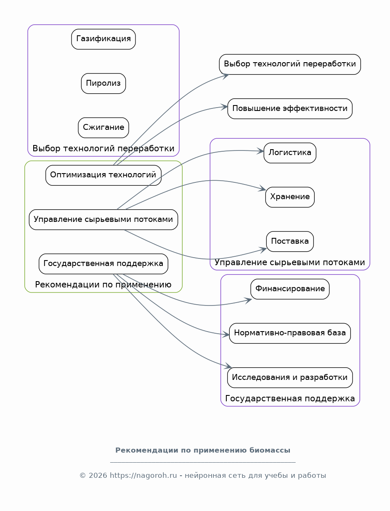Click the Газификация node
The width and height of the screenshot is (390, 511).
pyautogui.click(x=103, y=39)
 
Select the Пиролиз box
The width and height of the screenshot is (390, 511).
pyautogui.click(x=103, y=83)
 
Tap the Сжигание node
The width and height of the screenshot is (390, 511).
pyautogui.click(x=103, y=128)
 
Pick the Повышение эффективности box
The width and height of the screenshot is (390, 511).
pyautogui.click(x=290, y=108)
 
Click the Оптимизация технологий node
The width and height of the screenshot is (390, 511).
pyautogui.click(x=103, y=175)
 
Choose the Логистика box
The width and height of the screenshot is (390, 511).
pyautogui.click(x=290, y=153)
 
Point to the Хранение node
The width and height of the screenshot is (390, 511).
pyautogui.click(x=290, y=197)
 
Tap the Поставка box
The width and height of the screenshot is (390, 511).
pyautogui.click(x=290, y=241)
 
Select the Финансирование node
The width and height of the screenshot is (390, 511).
pyautogui.click(x=290, y=289)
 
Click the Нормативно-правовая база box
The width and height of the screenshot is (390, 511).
pyautogui.click(x=290, y=333)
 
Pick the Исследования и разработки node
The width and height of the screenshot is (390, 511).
pyautogui.click(x=290, y=377)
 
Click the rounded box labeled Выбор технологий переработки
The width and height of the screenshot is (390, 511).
pyautogui.click(x=290, y=64)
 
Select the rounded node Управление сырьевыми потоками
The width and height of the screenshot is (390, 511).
pyautogui.click(x=103, y=219)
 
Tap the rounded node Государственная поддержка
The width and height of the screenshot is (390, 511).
pyautogui.click(x=103, y=264)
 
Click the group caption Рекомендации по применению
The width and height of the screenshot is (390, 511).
pyautogui.click(x=103, y=284)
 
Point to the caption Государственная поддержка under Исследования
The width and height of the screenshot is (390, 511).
pyautogui.click(x=290, y=398)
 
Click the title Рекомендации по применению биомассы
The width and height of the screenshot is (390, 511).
pyautogui.click(x=203, y=450)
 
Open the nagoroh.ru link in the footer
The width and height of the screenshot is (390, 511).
pyautogui.click(x=143, y=475)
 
